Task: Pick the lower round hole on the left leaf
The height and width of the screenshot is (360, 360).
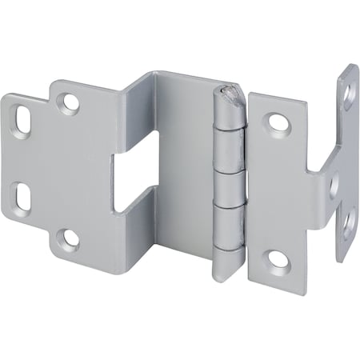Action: pos(70,238)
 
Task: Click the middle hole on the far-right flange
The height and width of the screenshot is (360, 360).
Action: pos(336,186)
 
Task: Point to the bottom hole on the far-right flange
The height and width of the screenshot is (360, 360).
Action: pos(348,223)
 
